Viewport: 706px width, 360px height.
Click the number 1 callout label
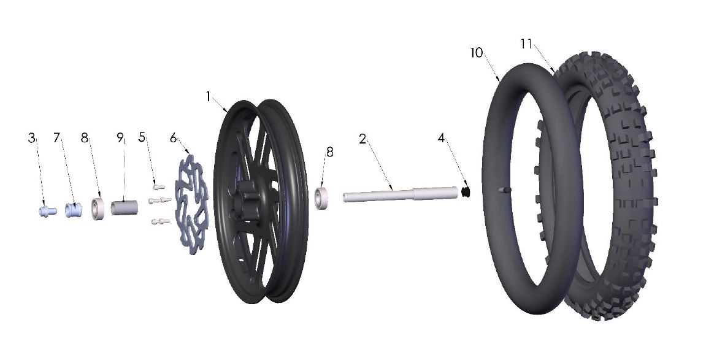coord(209,97)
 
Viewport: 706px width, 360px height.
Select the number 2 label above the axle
coord(363,139)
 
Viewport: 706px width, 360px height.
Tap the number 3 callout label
coord(32,139)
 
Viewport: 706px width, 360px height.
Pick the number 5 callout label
coord(142,137)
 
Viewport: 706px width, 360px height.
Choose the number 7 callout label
coord(58,139)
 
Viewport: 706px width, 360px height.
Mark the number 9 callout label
coord(120,139)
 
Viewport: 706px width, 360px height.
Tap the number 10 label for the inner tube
coord(477,53)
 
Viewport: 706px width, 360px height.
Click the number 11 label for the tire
coord(525,44)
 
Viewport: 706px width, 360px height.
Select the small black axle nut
coord(466,193)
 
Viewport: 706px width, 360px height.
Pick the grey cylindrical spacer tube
coord(125,206)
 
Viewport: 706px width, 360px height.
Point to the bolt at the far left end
coord(45,211)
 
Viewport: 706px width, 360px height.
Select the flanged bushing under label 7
coord(73,209)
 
